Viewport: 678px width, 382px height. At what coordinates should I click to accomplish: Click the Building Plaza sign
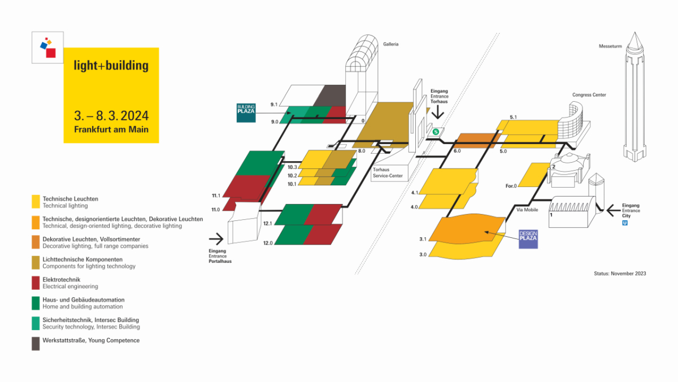[x=246, y=113]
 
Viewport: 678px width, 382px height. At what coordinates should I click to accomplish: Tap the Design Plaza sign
[x=528, y=239]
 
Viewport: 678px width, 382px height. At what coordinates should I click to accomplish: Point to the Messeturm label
[x=610, y=46]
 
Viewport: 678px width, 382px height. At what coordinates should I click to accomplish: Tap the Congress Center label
[x=589, y=95]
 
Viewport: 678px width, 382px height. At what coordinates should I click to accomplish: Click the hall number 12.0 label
[x=268, y=243]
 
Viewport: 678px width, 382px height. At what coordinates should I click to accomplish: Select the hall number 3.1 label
[x=423, y=240]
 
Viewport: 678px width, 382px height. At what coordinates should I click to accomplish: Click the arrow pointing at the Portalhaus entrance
[x=216, y=238]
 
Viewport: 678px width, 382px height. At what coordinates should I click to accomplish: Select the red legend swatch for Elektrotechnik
[x=36, y=283]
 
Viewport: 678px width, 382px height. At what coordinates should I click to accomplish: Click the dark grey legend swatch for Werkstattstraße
[x=36, y=344]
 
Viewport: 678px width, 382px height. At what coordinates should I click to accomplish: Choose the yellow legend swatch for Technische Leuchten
[x=36, y=202]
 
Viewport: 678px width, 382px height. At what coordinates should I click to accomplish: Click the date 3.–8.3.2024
[x=111, y=116]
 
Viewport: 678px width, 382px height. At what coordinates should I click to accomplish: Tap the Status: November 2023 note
[x=620, y=274]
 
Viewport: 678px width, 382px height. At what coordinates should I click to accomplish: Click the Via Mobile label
[x=527, y=210]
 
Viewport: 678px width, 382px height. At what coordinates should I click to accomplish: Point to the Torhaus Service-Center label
[x=388, y=172]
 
